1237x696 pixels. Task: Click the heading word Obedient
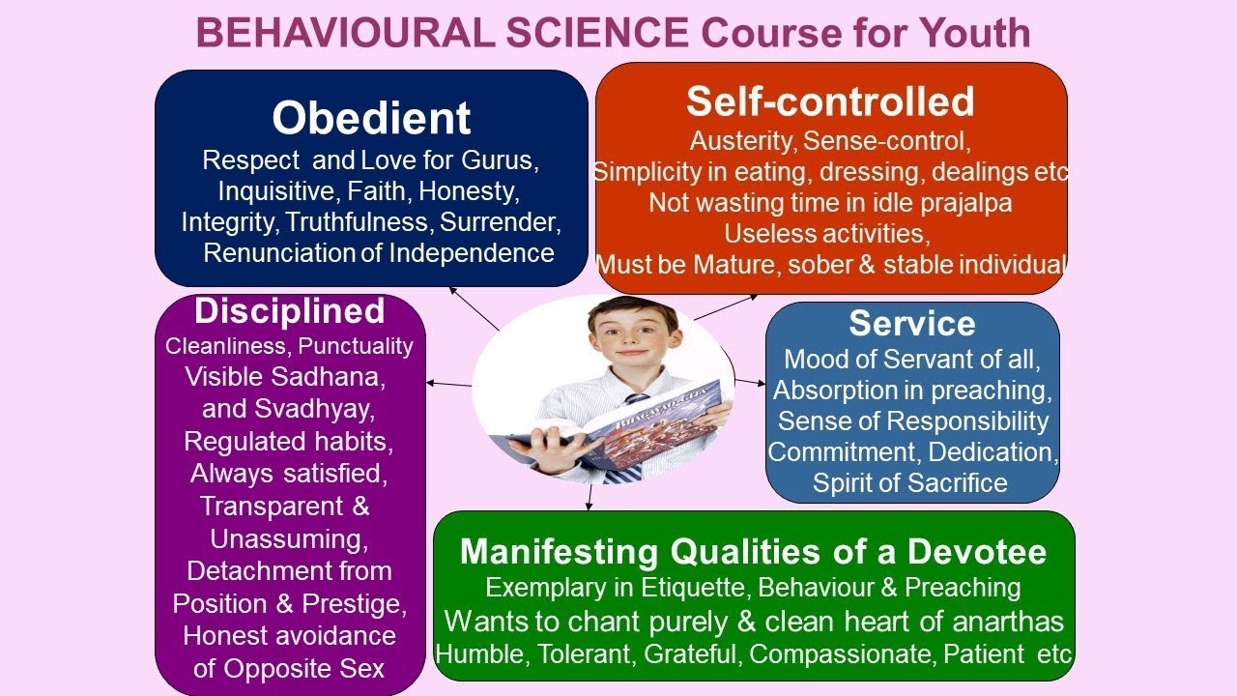pyautogui.click(x=371, y=118)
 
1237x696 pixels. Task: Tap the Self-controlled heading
pyautogui.click(x=830, y=101)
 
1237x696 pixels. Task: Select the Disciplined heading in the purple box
pyautogui.click(x=289, y=311)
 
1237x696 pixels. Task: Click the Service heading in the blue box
pyautogui.click(x=911, y=323)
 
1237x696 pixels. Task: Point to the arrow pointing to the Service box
pyautogui.click(x=749, y=383)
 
